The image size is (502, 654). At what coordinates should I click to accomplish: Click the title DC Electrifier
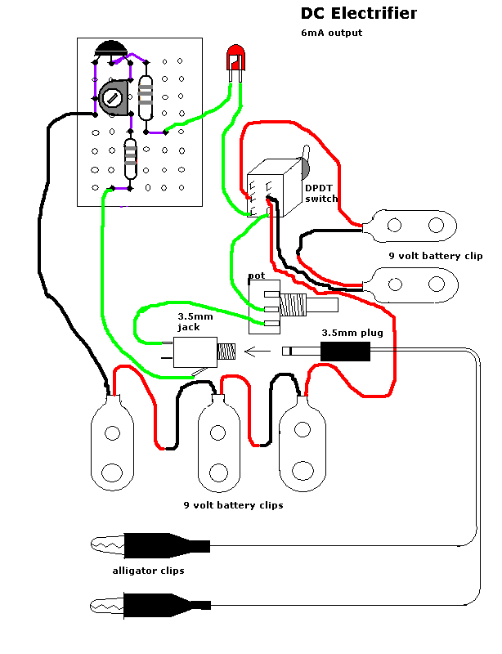(x=358, y=14)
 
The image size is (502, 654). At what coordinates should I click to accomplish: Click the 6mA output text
(x=331, y=34)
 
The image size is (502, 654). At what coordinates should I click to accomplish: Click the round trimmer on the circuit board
(x=114, y=97)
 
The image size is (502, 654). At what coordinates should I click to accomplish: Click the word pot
(x=255, y=275)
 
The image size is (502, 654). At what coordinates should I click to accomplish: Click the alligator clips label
(x=148, y=571)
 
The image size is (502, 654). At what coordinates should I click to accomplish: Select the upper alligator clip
(x=152, y=544)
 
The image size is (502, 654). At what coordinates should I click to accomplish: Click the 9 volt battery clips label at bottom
(x=233, y=505)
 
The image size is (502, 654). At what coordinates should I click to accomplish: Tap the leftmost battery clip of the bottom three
(x=112, y=446)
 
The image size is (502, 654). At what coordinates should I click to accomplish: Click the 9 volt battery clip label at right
(x=435, y=256)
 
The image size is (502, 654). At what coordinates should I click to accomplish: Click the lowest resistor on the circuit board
(x=130, y=159)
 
